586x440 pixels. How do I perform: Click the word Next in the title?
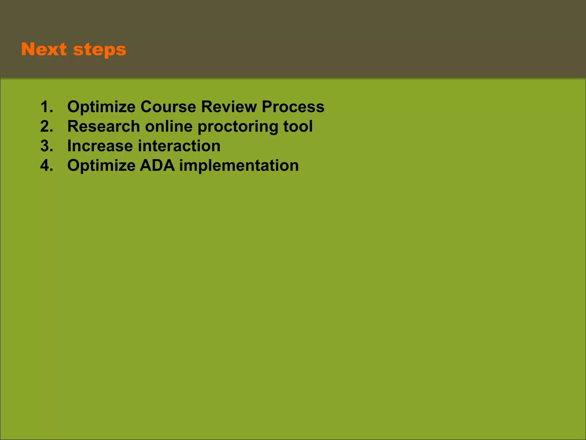(44, 49)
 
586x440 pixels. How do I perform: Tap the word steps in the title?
(100, 50)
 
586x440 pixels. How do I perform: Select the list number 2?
(46, 126)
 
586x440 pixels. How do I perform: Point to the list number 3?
(46, 146)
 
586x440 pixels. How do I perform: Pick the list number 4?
(46, 166)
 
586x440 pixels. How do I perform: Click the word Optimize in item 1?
(101, 107)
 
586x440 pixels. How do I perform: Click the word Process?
(293, 107)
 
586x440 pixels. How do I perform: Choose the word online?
(169, 126)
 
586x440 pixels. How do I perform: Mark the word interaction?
(179, 146)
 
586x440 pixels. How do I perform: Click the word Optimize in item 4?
(101, 166)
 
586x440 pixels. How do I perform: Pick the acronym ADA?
(157, 166)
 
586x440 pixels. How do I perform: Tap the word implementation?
(239, 166)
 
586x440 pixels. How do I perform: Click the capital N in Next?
(28, 49)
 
